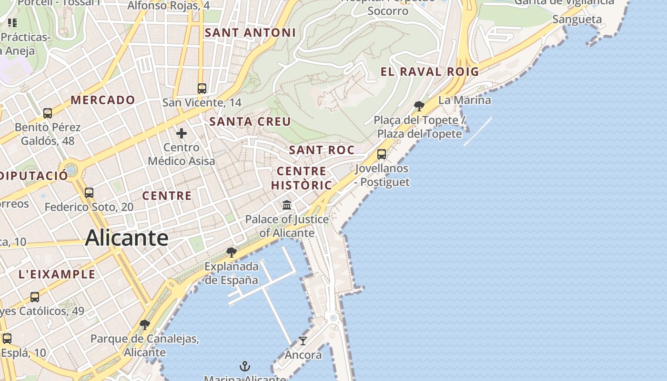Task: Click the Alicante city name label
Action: (x=127, y=238)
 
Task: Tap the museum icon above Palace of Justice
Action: (x=287, y=205)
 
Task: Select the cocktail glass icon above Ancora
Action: (x=303, y=341)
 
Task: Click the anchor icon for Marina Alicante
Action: (x=244, y=366)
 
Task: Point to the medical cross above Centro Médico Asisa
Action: (x=182, y=133)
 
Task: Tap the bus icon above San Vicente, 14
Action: (x=202, y=88)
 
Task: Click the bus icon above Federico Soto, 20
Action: (x=89, y=193)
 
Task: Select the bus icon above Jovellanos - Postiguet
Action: (x=382, y=154)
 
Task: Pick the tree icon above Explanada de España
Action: (x=232, y=252)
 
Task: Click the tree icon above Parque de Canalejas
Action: (x=145, y=325)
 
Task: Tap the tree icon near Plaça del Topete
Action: (x=419, y=106)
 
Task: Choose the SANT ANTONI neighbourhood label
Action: (x=250, y=33)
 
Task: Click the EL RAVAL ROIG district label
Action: (x=429, y=72)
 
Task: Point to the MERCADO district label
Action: (x=103, y=100)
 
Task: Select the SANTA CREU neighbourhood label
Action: (x=250, y=121)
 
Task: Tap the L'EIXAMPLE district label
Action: (x=57, y=274)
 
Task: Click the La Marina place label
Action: (x=465, y=100)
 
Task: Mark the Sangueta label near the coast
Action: (x=577, y=20)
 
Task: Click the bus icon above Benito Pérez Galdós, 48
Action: (x=48, y=113)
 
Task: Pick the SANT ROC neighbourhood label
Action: (x=322, y=150)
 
